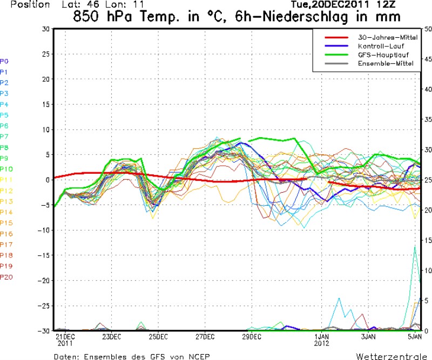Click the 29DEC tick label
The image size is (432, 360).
(252, 336)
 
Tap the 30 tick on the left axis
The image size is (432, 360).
(46, 29)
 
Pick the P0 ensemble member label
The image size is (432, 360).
(4, 61)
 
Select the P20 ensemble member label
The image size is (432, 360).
(6, 277)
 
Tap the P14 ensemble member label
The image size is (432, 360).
(6, 212)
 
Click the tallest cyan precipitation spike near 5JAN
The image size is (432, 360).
(415, 247)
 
